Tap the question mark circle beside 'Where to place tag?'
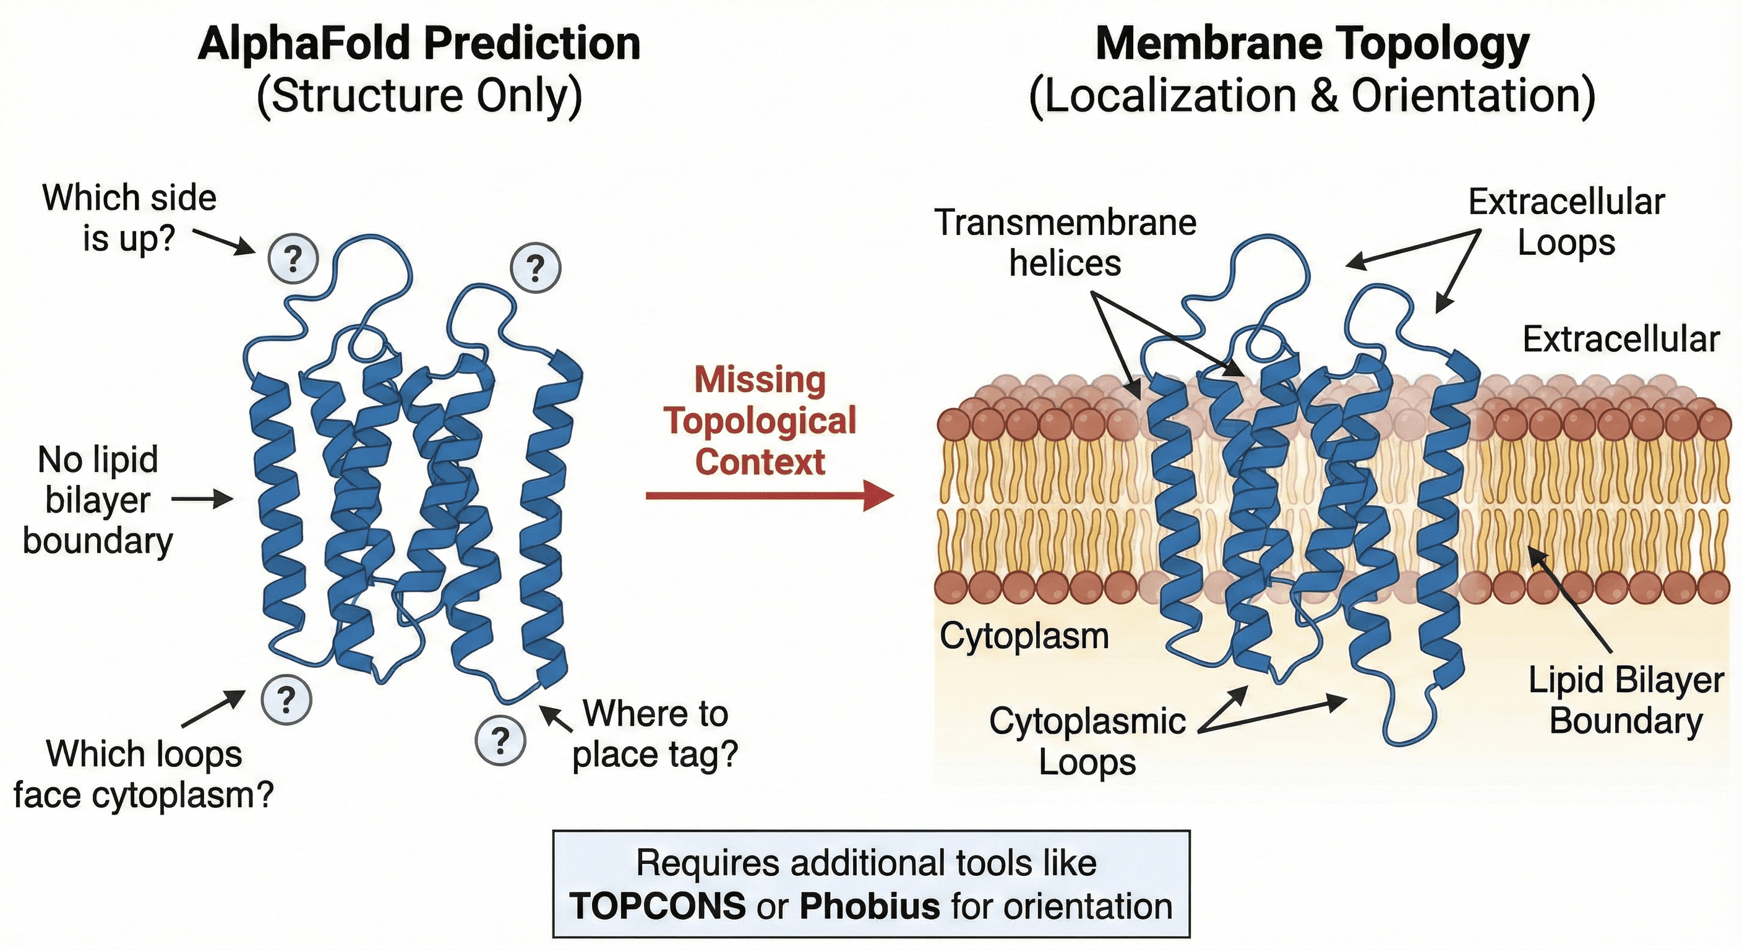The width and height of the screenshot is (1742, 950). coord(500,740)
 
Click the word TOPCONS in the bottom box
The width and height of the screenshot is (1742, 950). coord(658,906)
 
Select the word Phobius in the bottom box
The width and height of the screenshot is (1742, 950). coord(870,906)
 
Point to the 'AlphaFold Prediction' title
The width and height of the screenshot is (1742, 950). coord(419,44)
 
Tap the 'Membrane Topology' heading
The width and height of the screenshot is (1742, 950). coord(1312,44)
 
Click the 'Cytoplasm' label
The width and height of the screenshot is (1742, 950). coord(1024,636)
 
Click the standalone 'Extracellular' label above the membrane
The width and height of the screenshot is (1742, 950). coord(1620,340)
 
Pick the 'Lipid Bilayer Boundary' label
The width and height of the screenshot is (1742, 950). coord(1626,701)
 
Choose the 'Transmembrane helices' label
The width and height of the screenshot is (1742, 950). coord(1065,242)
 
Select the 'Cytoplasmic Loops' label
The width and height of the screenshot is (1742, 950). coord(1087,741)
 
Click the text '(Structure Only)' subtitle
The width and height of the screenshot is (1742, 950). coord(419,95)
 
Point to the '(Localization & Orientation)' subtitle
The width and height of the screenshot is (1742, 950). coord(1312,95)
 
